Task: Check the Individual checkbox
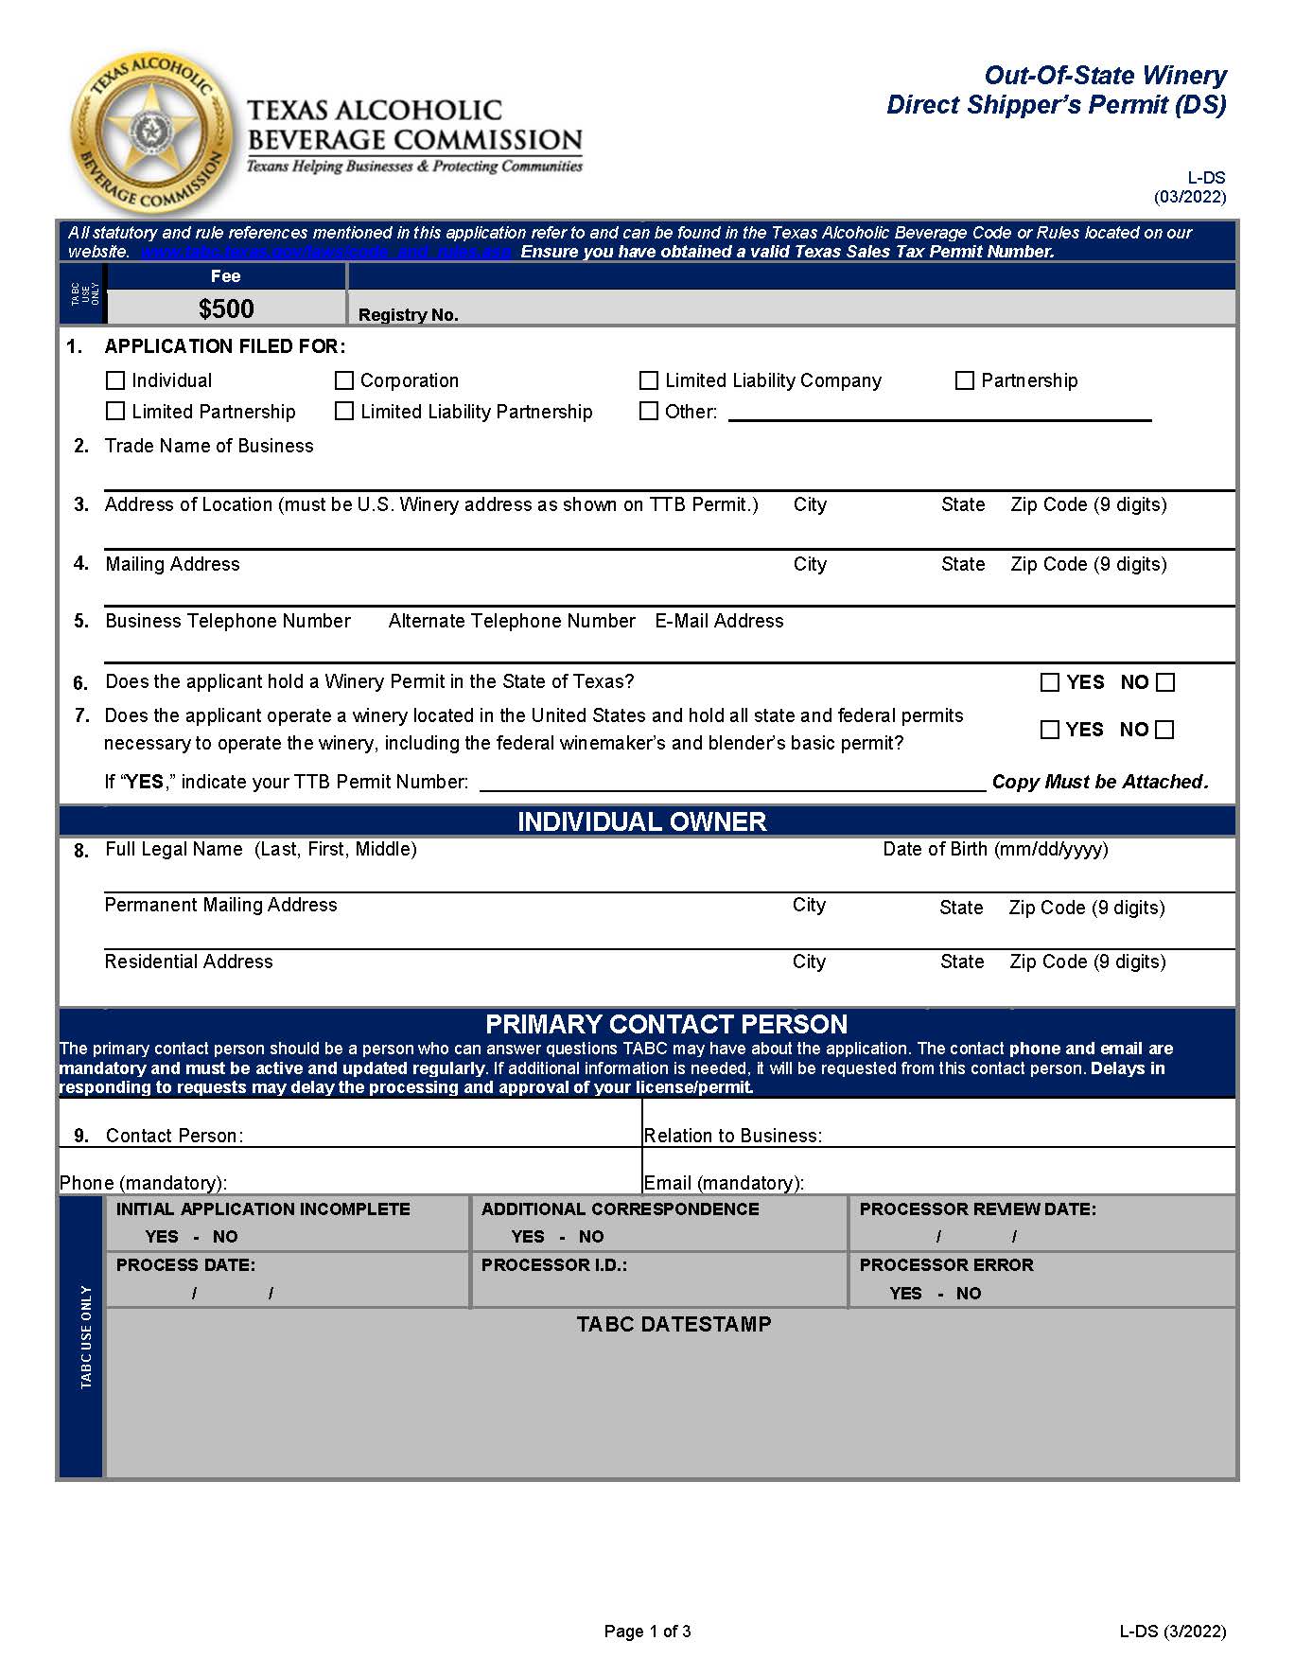coord(115,380)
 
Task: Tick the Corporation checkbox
coord(344,380)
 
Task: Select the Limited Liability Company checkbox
coord(649,380)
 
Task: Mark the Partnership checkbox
coord(965,380)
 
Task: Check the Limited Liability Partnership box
coord(344,412)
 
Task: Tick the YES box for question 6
coord(1050,682)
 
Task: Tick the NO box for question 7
coord(1165,730)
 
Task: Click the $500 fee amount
coord(226,309)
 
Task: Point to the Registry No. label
coord(408,315)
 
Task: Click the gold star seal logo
coord(150,132)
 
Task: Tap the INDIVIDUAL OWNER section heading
coord(641,821)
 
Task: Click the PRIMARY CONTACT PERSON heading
coord(666,1024)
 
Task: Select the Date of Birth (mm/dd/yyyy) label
coord(995,849)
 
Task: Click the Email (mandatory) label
coord(724,1183)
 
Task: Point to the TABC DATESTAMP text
coord(674,1324)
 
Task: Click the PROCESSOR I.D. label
coord(553,1265)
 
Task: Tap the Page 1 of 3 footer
coord(647,1631)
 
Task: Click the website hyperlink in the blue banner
coord(326,252)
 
